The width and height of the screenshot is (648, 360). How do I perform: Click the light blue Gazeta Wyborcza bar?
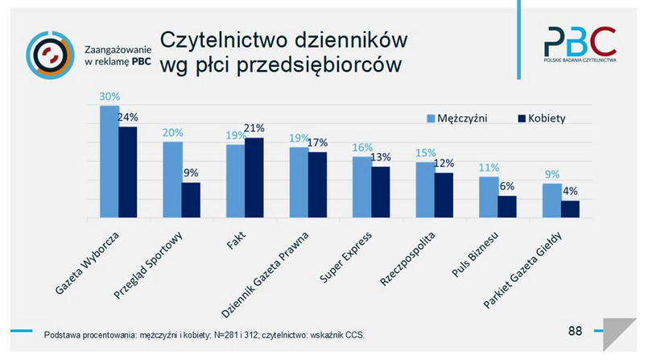(109, 161)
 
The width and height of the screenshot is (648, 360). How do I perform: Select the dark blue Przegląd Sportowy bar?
(191, 200)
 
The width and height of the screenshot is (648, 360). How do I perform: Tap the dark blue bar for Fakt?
(254, 178)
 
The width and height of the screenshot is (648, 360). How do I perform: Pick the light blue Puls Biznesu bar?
(489, 197)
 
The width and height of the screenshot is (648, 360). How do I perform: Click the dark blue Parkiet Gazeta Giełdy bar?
(570, 209)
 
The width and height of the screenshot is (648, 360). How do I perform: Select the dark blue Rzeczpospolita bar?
(444, 195)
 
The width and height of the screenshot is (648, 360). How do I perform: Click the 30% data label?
(109, 97)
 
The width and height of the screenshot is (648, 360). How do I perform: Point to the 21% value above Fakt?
(254, 129)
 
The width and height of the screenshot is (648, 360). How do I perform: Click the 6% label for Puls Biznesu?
(508, 186)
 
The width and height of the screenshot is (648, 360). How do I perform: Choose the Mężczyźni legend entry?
(461, 118)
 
